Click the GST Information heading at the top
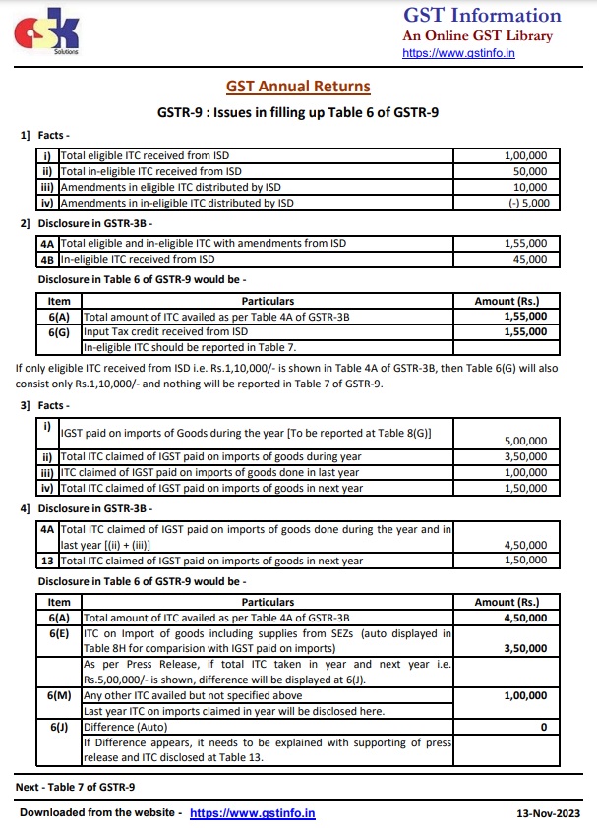click(482, 15)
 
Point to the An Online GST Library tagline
click(477, 35)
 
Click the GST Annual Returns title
click(298, 88)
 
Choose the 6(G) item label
click(59, 332)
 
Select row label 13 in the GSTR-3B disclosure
click(47, 561)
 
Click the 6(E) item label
click(59, 633)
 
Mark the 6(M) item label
click(59, 695)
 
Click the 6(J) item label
click(59, 727)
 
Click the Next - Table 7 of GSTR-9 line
click(76, 788)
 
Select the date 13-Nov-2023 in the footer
click(549, 813)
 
